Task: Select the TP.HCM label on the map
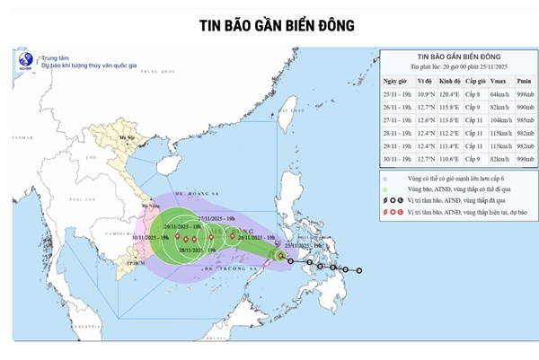[x=135, y=265]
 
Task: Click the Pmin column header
[x=524, y=80]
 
